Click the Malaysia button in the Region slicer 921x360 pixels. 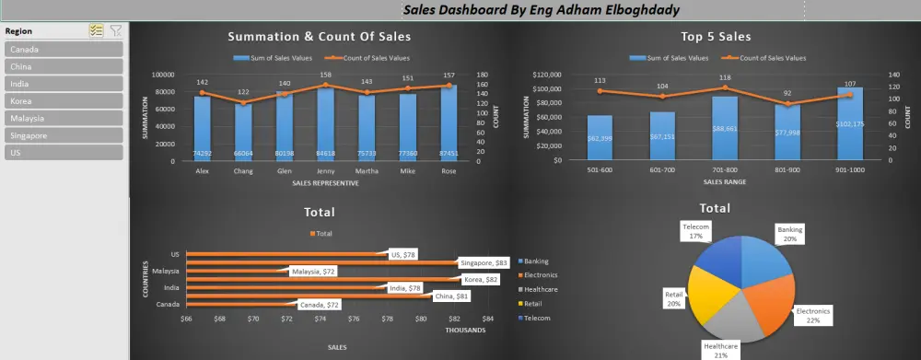(64, 118)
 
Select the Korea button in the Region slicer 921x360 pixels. (64, 101)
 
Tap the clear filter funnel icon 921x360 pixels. (115, 30)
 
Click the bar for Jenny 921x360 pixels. (325, 124)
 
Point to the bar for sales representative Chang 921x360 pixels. (243, 132)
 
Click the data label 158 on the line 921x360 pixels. (325, 75)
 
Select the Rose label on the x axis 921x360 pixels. (449, 169)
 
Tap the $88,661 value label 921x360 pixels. (724, 129)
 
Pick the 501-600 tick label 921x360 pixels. (600, 169)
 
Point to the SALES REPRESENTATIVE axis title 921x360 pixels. (325, 182)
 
